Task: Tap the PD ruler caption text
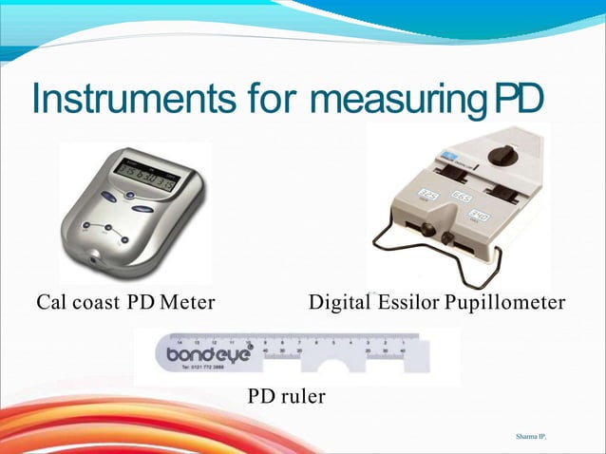click(x=286, y=396)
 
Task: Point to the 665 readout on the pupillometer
click(x=462, y=198)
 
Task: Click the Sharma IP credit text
click(x=532, y=435)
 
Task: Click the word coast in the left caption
click(x=100, y=303)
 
